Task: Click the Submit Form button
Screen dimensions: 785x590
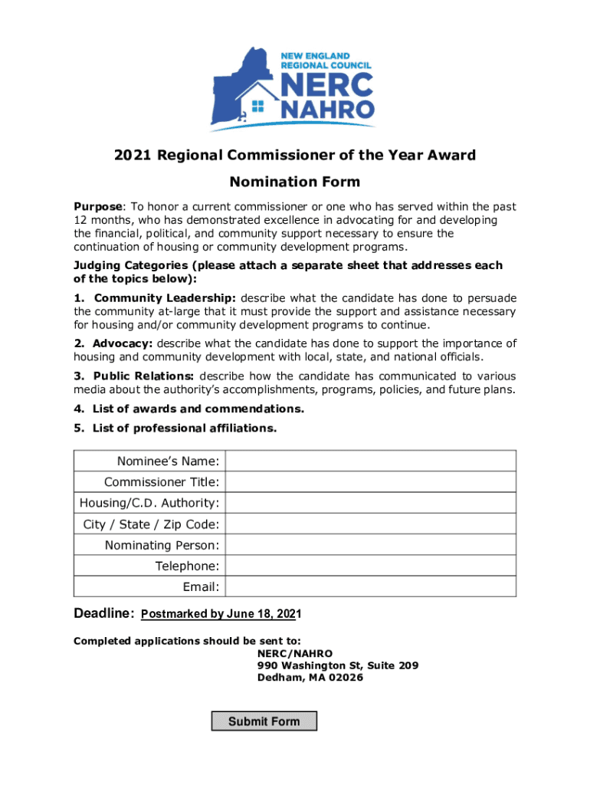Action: click(x=264, y=721)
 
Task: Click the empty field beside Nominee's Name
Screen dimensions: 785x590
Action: click(x=370, y=461)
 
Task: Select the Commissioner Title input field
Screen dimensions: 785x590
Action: click(x=370, y=482)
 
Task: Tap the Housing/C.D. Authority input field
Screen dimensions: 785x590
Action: click(x=370, y=503)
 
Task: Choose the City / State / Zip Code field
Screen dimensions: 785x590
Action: click(x=370, y=524)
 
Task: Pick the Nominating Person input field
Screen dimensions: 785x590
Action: click(x=370, y=545)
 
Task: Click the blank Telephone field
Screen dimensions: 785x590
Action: click(x=370, y=566)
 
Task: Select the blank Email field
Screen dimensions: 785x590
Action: click(x=370, y=586)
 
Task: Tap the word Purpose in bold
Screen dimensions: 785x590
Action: click(x=97, y=207)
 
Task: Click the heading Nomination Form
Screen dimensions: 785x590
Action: click(x=295, y=182)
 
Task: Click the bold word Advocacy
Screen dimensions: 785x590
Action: click(x=123, y=343)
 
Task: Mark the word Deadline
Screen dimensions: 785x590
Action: click(x=104, y=614)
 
